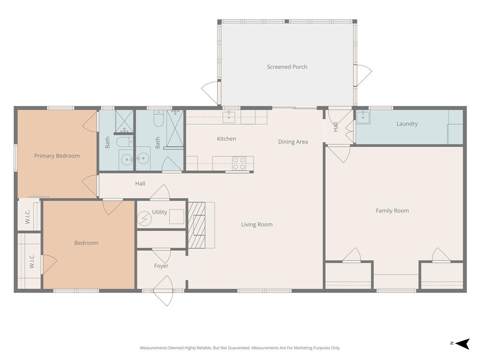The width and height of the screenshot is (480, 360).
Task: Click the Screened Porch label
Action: pyautogui.click(x=287, y=67)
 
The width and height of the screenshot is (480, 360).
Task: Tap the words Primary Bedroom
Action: pyautogui.click(x=57, y=156)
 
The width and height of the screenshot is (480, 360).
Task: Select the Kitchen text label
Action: pyautogui.click(x=226, y=139)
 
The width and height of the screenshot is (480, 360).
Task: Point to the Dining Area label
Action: pyautogui.click(x=293, y=142)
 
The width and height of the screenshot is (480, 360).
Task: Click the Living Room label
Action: pyautogui.click(x=256, y=225)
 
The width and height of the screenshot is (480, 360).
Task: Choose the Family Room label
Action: pyautogui.click(x=392, y=210)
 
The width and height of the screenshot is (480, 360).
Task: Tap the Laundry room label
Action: pyautogui.click(x=406, y=124)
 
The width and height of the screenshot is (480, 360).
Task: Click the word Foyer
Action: pyautogui.click(x=161, y=266)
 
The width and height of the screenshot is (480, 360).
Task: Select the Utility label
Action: pyautogui.click(x=159, y=212)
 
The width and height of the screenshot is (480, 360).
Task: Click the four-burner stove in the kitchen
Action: pyautogui.click(x=240, y=163)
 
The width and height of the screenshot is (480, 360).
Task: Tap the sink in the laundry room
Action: pyautogui.click(x=363, y=117)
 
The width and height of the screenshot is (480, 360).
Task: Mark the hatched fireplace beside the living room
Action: pyautogui.click(x=196, y=225)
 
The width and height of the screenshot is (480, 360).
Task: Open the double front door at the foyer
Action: pyautogui.click(x=163, y=291)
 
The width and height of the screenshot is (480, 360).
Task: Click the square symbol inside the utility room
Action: pyautogui.click(x=176, y=217)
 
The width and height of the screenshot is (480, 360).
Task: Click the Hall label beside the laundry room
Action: pyautogui.click(x=336, y=127)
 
